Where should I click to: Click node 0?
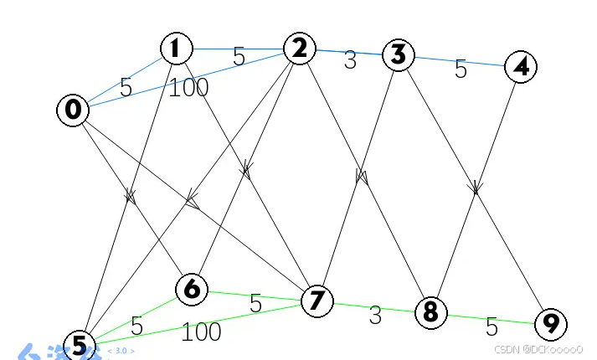73,110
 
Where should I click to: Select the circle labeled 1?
176,49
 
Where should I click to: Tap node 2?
299,48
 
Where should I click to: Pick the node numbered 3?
399,55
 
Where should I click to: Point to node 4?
521,67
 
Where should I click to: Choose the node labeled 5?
79,344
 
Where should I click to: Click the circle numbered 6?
192,290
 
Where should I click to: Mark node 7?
316,300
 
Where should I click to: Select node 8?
430,312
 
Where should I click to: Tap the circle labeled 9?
550,323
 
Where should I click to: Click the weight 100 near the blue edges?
188,87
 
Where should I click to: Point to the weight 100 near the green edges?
201,332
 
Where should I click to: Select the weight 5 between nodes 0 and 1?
126,87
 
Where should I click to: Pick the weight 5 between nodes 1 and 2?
239,57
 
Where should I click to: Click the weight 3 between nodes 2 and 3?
350,60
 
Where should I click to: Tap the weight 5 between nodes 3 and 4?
461,69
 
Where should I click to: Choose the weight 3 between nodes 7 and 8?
375,316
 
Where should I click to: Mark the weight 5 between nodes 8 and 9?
491,327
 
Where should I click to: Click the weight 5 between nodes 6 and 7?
255,304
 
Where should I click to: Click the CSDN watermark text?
538,349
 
